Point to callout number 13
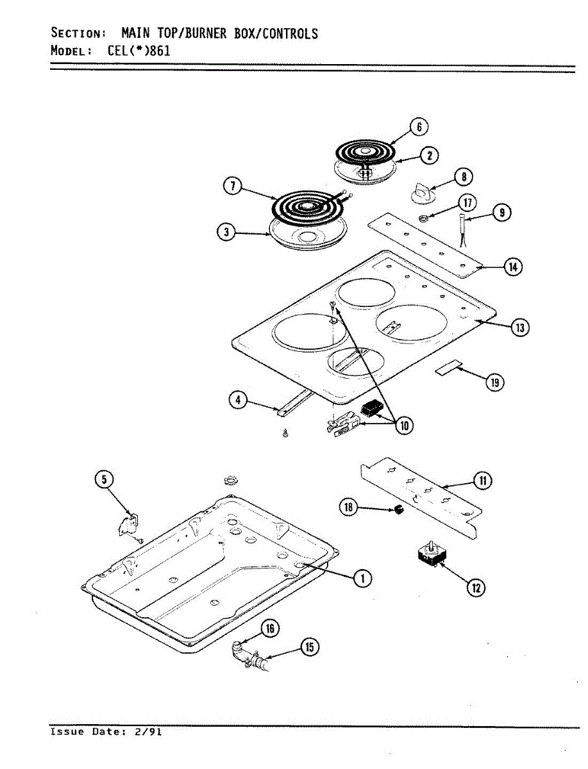click(x=519, y=327)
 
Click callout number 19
click(x=494, y=383)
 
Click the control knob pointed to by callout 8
click(x=423, y=190)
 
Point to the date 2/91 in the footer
click(x=148, y=731)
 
